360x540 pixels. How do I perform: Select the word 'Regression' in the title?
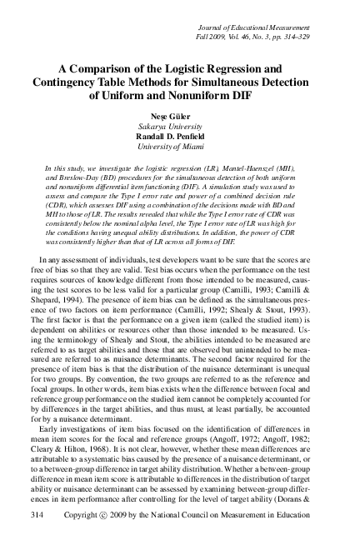(x=238, y=67)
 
